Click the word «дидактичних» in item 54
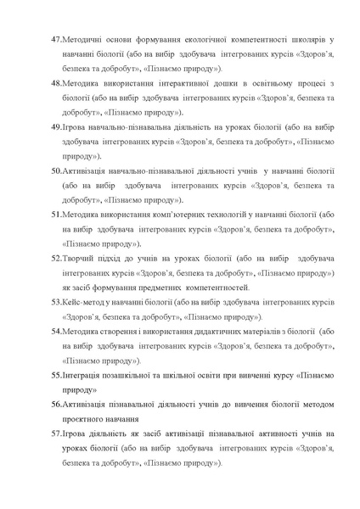tap(222, 331)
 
